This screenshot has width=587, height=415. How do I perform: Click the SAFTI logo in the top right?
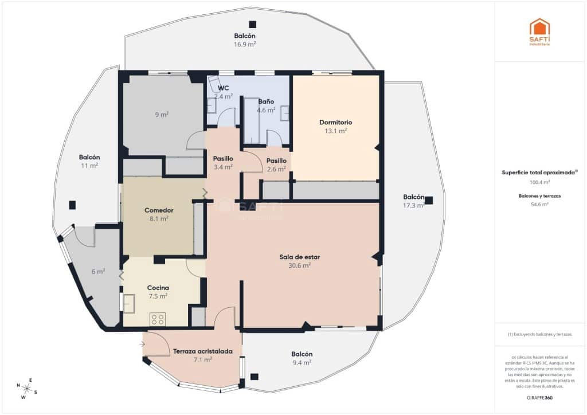pyautogui.click(x=539, y=32)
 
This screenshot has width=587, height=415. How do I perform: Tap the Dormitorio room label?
pyautogui.click(x=335, y=122)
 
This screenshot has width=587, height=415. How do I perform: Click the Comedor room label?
pyautogui.click(x=159, y=210)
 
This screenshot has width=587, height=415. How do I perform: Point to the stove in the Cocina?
pyautogui.click(x=158, y=319)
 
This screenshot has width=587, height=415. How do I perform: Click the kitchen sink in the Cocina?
pyautogui.click(x=128, y=303)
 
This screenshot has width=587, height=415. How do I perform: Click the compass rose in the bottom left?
pyautogui.click(x=27, y=388)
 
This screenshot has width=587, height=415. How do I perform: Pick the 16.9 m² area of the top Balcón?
pyautogui.click(x=245, y=44)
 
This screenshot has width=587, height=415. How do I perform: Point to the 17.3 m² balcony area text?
pyautogui.click(x=413, y=205)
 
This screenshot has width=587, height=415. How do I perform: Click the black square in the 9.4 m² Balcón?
pyautogui.click(x=255, y=377)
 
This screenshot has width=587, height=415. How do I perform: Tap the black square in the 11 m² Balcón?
pyautogui.click(x=72, y=205)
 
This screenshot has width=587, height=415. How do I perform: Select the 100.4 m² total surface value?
pyautogui.click(x=539, y=182)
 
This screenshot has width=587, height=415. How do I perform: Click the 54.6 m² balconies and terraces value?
pyautogui.click(x=539, y=204)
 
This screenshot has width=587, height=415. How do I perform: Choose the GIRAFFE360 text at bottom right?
pyautogui.click(x=539, y=397)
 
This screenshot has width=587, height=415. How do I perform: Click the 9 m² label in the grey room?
pyautogui.click(x=162, y=115)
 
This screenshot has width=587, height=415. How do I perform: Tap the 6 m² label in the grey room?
pyautogui.click(x=98, y=272)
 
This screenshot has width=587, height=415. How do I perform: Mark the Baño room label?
pyautogui.click(x=266, y=101)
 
